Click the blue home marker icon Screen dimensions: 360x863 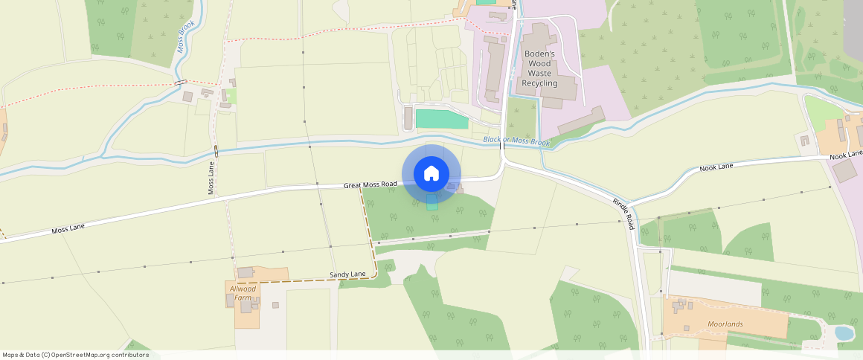coord(431,174)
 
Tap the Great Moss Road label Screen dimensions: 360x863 coord(370,184)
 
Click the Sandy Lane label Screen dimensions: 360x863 coord(347,275)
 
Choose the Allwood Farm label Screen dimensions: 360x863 coord(243,293)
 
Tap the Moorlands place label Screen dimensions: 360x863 coord(725,324)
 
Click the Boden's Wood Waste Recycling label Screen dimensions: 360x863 coord(539,68)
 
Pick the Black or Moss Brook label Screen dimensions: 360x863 coord(516,141)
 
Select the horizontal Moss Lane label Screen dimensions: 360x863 coord(68,229)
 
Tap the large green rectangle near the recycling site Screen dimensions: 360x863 coord(442,119)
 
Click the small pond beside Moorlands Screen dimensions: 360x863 coord(844,333)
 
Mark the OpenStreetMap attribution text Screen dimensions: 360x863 coord(75,355)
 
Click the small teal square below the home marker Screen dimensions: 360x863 coord(431,203)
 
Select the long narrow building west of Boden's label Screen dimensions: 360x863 coord(493,71)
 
